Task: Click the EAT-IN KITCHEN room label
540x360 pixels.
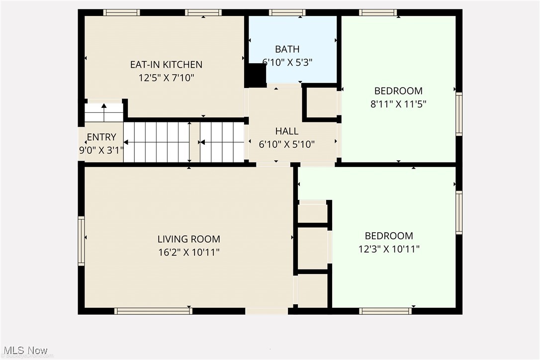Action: pyautogui.click(x=166, y=65)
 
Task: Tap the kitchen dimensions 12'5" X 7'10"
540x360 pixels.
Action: pyautogui.click(x=166, y=78)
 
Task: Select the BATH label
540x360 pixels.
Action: pyautogui.click(x=287, y=49)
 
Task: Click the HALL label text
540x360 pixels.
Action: pyautogui.click(x=287, y=131)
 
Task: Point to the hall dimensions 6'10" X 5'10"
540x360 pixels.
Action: pyautogui.click(x=287, y=144)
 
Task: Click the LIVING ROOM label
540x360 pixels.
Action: pyautogui.click(x=188, y=239)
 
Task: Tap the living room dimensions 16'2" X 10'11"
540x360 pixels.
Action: pyautogui.click(x=188, y=252)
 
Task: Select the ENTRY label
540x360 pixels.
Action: pyautogui.click(x=101, y=137)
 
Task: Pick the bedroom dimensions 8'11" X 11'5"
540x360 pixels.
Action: pyautogui.click(x=398, y=104)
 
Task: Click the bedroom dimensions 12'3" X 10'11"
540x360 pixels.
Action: pyautogui.click(x=389, y=249)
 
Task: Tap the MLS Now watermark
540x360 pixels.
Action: pyautogui.click(x=24, y=351)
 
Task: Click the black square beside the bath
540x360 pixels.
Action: pyautogui.click(x=257, y=76)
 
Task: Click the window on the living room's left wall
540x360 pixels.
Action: pyautogui.click(x=81, y=241)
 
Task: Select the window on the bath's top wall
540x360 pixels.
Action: pyautogui.click(x=287, y=12)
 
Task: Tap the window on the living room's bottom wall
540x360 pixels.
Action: pyautogui.click(x=153, y=311)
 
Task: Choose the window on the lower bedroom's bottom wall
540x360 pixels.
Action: pyautogui.click(x=385, y=311)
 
